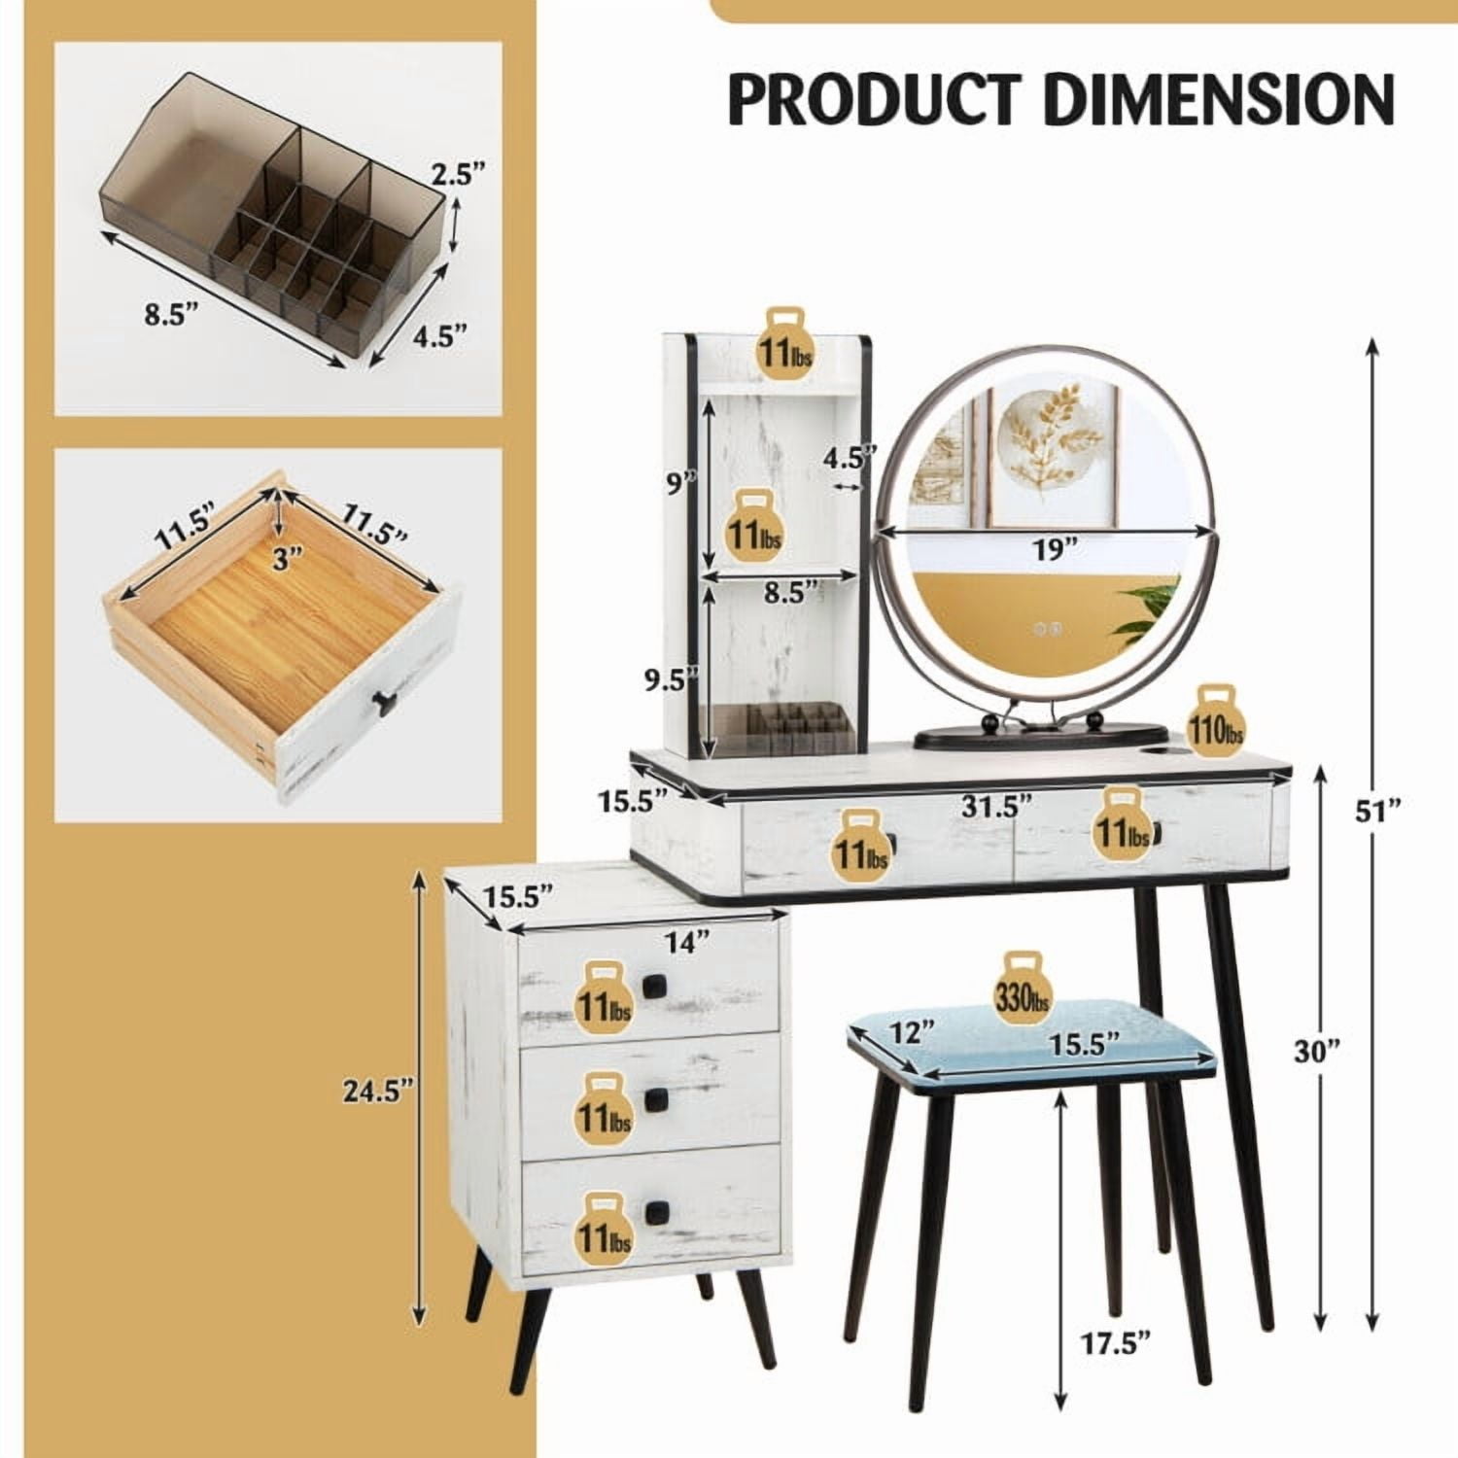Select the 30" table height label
pyautogui.click(x=1316, y=1049)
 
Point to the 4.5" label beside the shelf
pyautogui.click(x=850, y=455)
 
